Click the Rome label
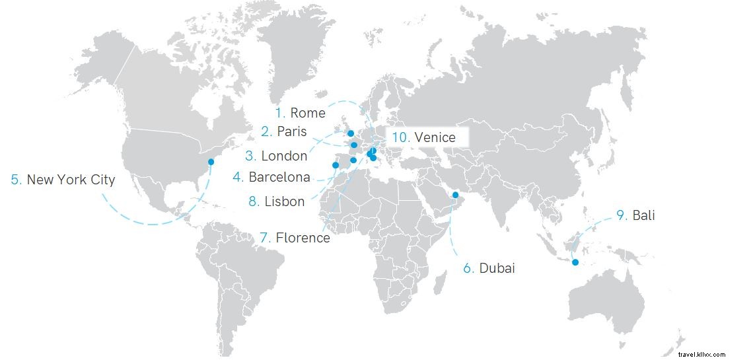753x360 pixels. (x=307, y=113)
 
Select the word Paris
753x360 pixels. (x=292, y=131)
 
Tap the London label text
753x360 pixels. (x=284, y=157)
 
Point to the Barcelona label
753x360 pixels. (x=279, y=177)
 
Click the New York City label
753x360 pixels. (x=71, y=180)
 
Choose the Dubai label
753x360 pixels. (x=497, y=268)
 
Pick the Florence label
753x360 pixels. (x=303, y=238)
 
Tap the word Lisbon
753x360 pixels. (x=285, y=201)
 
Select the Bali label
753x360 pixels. (x=643, y=215)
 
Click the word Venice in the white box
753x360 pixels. (x=435, y=137)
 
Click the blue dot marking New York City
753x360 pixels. (x=211, y=162)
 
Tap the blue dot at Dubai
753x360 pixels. (x=455, y=194)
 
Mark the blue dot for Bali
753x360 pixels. (x=575, y=263)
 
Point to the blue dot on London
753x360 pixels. (x=350, y=133)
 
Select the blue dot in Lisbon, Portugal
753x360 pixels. (x=335, y=165)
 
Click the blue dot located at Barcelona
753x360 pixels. (x=353, y=160)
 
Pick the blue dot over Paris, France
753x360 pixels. (x=354, y=145)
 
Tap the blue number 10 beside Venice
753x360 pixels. (x=400, y=137)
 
